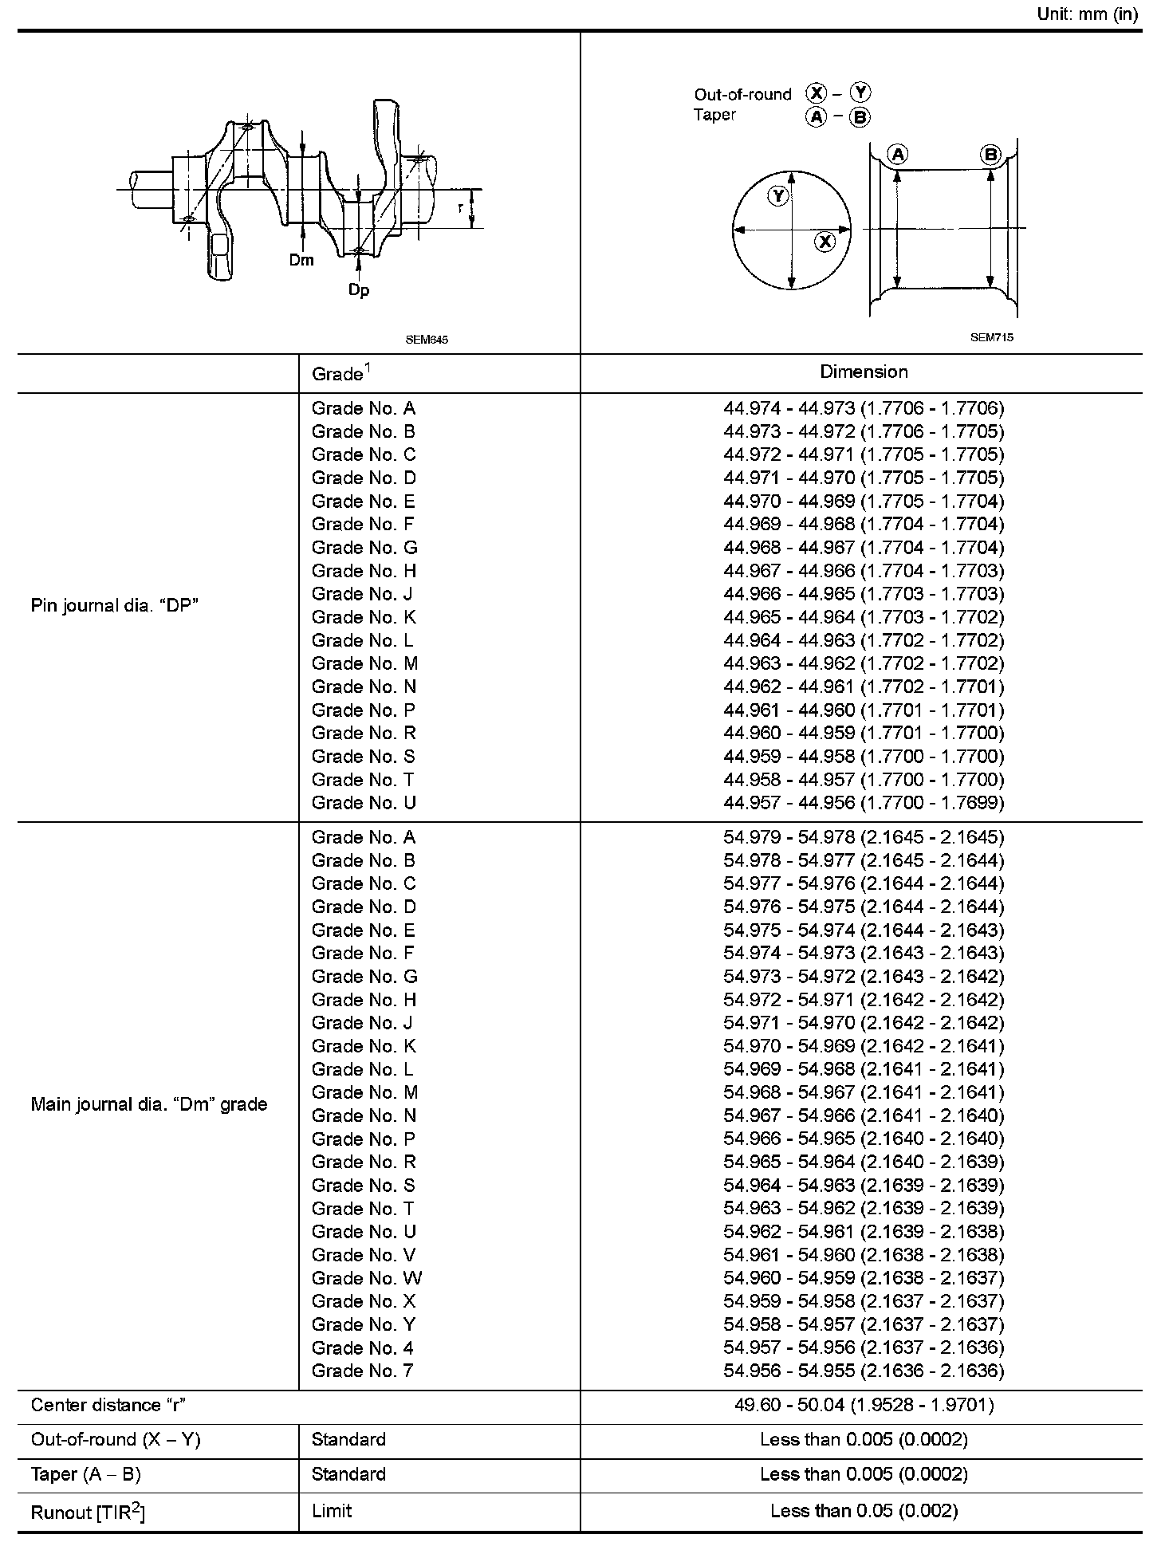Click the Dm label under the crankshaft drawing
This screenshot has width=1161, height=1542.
click(x=301, y=260)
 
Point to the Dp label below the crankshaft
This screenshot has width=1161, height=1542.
click(x=359, y=290)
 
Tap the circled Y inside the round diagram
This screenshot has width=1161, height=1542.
click(x=778, y=196)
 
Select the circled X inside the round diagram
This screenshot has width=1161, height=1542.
click(x=825, y=242)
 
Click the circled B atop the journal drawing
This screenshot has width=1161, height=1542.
click(x=990, y=155)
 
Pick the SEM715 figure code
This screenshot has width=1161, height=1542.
click(x=992, y=337)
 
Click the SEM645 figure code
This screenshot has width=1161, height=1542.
click(x=427, y=339)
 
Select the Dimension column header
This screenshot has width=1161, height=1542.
click(x=864, y=372)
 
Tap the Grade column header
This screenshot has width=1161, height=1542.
click(x=342, y=373)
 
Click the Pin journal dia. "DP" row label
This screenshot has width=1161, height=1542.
click(x=114, y=605)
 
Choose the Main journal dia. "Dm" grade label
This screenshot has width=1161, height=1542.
click(x=149, y=1104)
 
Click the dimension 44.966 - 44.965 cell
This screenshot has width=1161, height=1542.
click(x=864, y=594)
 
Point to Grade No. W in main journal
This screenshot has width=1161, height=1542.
click(x=367, y=1278)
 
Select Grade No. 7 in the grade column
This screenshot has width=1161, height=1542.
click(x=363, y=1371)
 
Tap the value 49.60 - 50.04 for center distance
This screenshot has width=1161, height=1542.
click(x=864, y=1405)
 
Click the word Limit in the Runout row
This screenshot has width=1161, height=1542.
click(x=332, y=1511)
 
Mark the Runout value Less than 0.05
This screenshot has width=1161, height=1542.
click(x=864, y=1511)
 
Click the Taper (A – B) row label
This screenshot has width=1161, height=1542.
click(x=86, y=1474)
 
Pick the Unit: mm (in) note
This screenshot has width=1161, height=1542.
click(x=1088, y=14)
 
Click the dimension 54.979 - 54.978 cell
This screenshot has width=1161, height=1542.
click(x=864, y=837)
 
